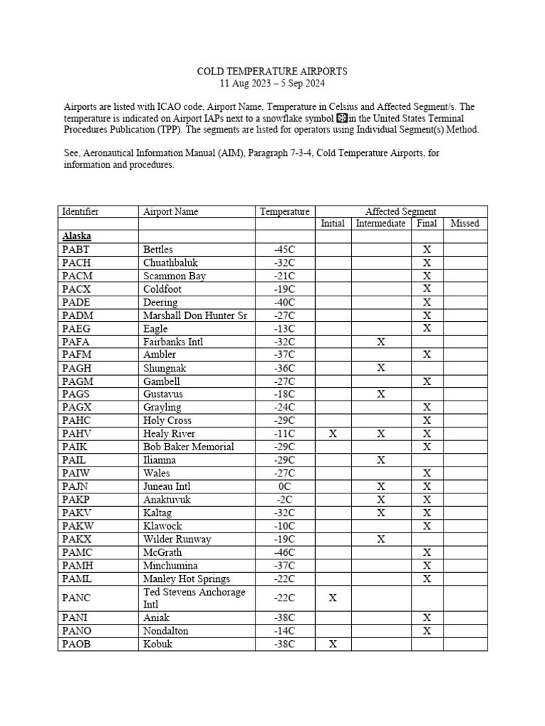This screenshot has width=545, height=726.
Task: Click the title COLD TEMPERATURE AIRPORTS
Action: pyautogui.click(x=272, y=72)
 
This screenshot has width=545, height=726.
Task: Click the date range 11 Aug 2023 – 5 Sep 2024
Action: pyautogui.click(x=272, y=83)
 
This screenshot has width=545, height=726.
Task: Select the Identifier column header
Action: pyautogui.click(x=81, y=211)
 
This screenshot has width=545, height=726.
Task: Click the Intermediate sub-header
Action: pyautogui.click(x=380, y=223)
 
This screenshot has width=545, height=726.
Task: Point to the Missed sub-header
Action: pyautogui.click(x=465, y=223)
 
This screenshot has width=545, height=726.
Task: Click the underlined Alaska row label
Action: pyautogui.click(x=77, y=236)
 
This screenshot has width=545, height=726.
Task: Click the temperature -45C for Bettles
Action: pyautogui.click(x=285, y=250)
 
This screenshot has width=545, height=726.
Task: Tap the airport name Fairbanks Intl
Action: pyautogui.click(x=173, y=342)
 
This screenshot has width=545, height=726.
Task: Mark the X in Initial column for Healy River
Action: pyautogui.click(x=333, y=434)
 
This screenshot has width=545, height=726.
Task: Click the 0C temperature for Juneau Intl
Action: pyautogui.click(x=285, y=486)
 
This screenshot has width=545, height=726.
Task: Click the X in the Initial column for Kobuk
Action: pyautogui.click(x=333, y=644)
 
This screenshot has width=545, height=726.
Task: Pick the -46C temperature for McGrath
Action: pyautogui.click(x=285, y=552)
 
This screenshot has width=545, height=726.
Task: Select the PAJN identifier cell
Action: pyautogui.click(x=77, y=486)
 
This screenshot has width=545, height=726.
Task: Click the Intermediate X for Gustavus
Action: pyautogui.click(x=381, y=394)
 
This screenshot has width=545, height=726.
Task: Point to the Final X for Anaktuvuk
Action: pyautogui.click(x=427, y=500)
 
